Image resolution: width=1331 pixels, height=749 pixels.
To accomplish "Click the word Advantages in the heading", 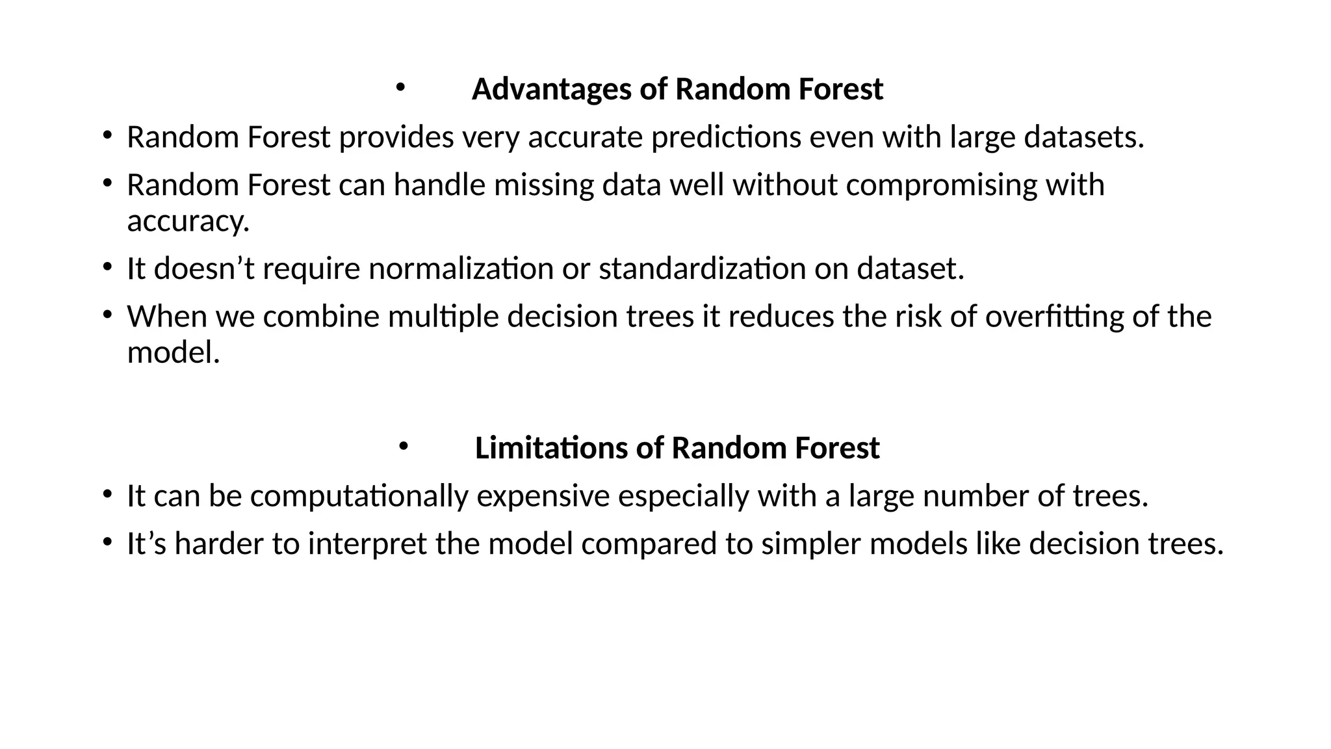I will tap(552, 89).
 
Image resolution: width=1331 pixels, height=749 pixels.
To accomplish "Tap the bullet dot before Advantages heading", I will tap(400, 86).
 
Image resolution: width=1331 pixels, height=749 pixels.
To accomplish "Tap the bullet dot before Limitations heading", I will tap(403, 445).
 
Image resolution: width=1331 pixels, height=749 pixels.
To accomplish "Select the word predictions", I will tap(726, 137).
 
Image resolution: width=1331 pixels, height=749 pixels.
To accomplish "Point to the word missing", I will tap(544, 185).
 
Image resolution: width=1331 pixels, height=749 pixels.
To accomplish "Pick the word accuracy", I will tap(188, 222).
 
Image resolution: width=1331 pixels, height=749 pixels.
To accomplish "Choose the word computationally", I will tap(359, 496).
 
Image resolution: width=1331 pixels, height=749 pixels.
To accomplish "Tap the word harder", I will tap(218, 544).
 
